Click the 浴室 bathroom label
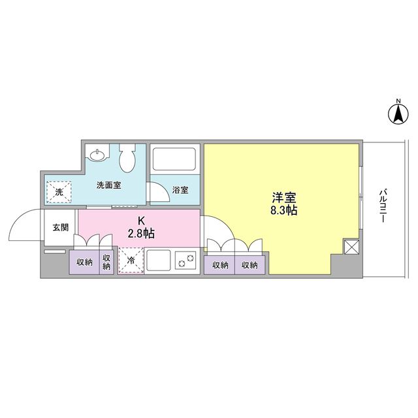click(180, 190)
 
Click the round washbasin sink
click(98, 155)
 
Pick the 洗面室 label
click(108, 185)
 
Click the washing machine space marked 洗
click(59, 191)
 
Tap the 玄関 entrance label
click(60, 227)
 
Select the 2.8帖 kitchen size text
click(140, 233)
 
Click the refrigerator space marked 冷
click(130, 260)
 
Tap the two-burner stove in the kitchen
click(185, 260)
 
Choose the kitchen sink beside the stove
click(159, 260)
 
